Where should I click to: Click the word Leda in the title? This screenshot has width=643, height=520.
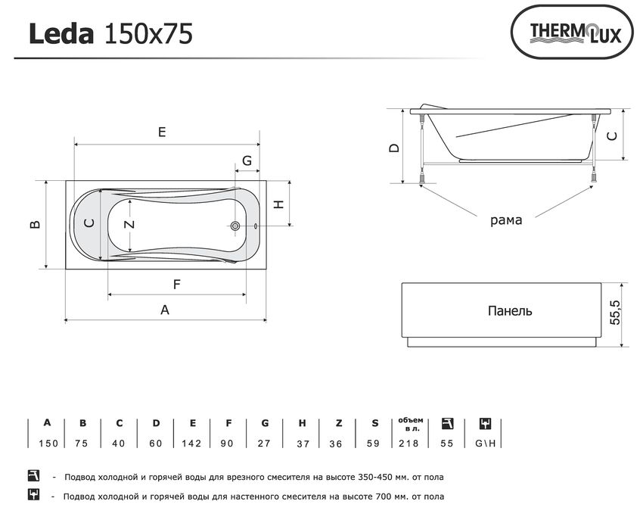point(61,33)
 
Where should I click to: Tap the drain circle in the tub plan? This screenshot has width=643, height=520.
point(235,226)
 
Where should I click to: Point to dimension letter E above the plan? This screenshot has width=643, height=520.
point(162,132)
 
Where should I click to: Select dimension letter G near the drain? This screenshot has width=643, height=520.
point(247,160)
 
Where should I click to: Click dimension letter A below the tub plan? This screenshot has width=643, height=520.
point(165,310)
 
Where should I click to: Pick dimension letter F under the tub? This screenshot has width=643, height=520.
point(177,284)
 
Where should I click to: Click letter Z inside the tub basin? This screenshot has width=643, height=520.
point(129,224)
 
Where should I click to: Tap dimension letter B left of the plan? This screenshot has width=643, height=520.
point(36,224)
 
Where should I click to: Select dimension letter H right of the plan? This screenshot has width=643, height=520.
point(279,204)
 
